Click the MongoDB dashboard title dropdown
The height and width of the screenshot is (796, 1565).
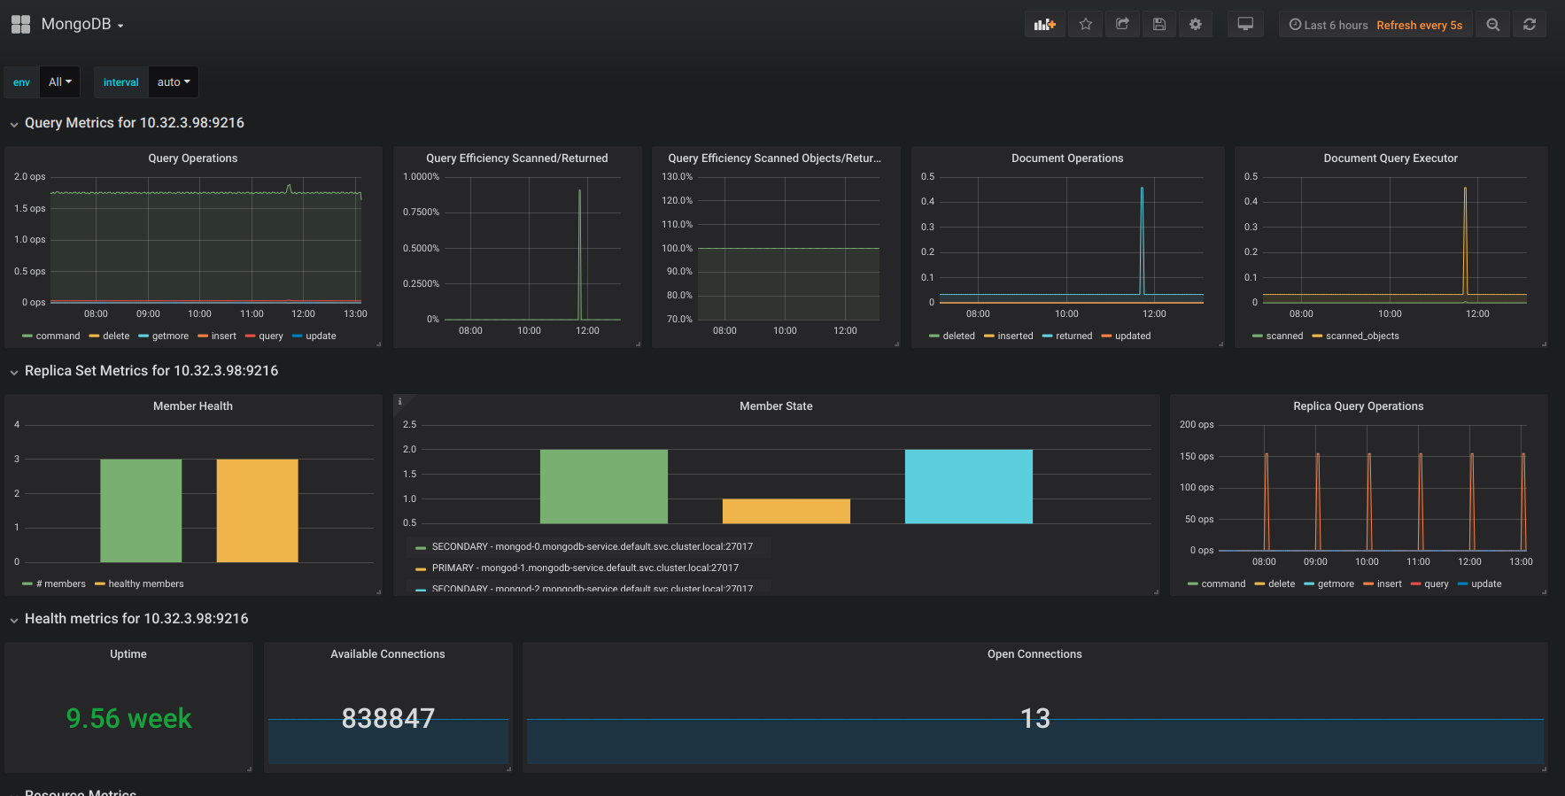[x=81, y=25]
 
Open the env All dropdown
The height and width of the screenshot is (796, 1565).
[x=59, y=82]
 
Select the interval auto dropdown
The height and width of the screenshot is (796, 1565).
[x=173, y=82]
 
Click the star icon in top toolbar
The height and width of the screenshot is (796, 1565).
[x=1085, y=25]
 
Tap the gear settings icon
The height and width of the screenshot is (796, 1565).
[x=1195, y=25]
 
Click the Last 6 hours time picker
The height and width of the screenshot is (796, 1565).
[x=1329, y=26]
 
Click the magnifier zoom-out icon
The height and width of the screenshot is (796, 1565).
[x=1492, y=25]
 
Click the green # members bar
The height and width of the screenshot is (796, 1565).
[x=141, y=510]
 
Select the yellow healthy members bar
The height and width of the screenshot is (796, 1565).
[x=257, y=510]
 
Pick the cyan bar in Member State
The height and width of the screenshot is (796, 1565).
[x=968, y=486]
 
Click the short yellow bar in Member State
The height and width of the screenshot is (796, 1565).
[x=786, y=511]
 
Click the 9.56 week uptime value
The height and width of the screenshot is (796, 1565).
[x=128, y=718]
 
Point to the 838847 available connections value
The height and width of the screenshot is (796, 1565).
[x=388, y=718]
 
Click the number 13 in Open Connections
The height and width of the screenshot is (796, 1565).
[x=1034, y=718]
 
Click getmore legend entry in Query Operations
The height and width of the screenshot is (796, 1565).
[x=169, y=336]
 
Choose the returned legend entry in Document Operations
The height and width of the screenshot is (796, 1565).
[x=1073, y=336]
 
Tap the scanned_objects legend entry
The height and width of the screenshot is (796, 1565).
[x=1361, y=336]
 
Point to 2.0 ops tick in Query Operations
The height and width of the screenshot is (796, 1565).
[x=29, y=177]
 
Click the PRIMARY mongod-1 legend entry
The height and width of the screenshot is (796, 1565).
[x=585, y=568]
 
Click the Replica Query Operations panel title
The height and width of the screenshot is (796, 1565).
[x=1358, y=406]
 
